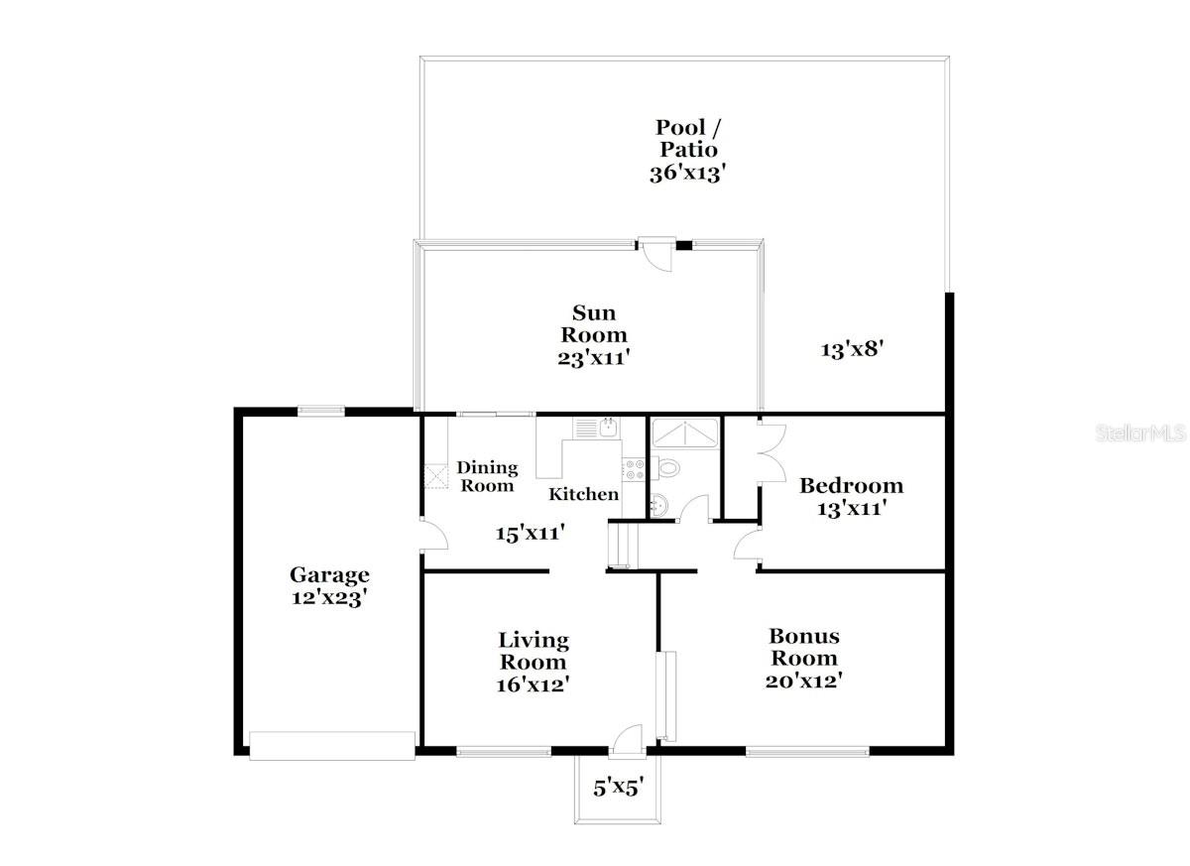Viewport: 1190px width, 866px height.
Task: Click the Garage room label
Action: tap(329, 575)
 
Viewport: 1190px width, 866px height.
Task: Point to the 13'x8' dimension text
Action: tap(851, 349)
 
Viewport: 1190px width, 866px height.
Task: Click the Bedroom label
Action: tap(851, 486)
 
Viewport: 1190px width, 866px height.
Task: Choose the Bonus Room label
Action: tap(803, 647)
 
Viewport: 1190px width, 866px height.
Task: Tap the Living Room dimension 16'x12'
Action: tap(534, 683)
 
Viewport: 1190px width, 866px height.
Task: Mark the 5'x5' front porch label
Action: tap(619, 789)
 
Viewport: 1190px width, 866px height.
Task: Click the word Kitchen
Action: tap(584, 494)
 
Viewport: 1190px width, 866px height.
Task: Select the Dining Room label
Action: tap(487, 476)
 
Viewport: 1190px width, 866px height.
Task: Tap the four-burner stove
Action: tap(632, 468)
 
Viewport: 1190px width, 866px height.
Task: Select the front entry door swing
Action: tap(628, 739)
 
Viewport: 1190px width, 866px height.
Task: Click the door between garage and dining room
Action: tap(434, 537)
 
